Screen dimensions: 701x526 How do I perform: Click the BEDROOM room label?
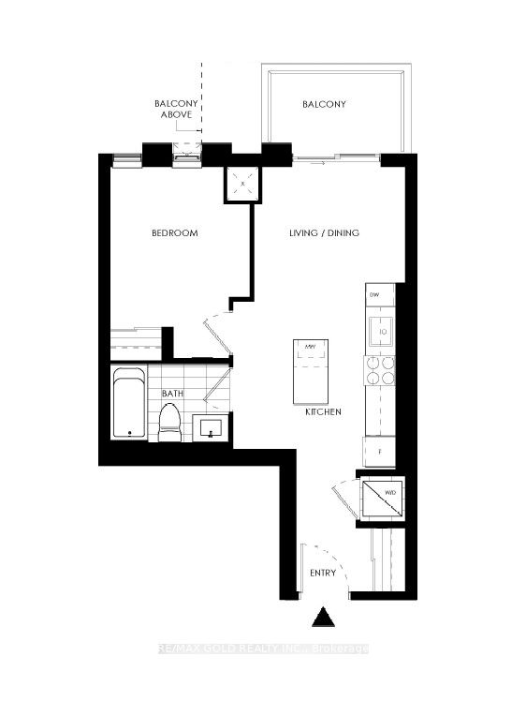click(175, 233)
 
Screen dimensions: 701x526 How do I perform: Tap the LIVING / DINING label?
click(322, 233)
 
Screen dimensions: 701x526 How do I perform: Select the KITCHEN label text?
click(321, 412)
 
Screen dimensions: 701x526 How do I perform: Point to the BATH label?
click(171, 395)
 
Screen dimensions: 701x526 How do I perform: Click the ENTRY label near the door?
click(323, 572)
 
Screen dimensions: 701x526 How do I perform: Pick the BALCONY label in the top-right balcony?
click(324, 104)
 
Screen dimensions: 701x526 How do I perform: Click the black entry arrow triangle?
click(323, 619)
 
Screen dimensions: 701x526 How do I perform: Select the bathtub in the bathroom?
click(128, 403)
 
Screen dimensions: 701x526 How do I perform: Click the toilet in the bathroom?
click(169, 422)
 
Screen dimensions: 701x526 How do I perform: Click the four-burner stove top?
click(380, 373)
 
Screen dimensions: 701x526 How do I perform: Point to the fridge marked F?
click(380, 450)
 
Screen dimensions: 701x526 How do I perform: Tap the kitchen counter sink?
click(381, 330)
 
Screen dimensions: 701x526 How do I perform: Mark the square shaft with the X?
click(243, 184)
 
